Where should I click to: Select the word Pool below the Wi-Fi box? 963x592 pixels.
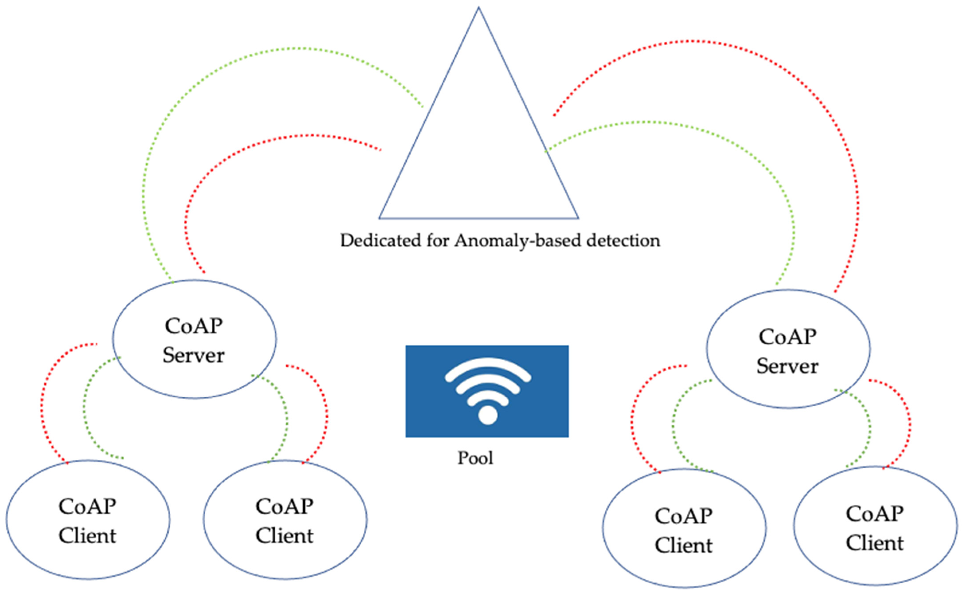(475, 458)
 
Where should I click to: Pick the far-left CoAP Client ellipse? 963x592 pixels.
(88, 556)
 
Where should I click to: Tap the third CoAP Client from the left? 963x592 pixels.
(684, 568)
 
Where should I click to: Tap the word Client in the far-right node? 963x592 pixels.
(875, 543)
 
